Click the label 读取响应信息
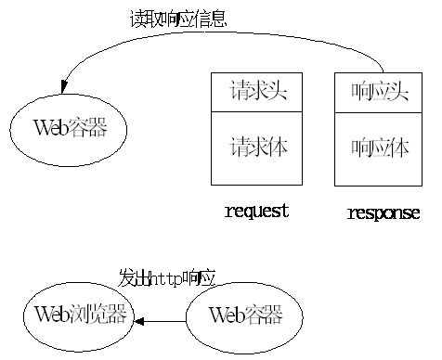[177, 19]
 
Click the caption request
[257, 211]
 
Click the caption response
[383, 213]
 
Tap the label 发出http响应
[167, 277]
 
